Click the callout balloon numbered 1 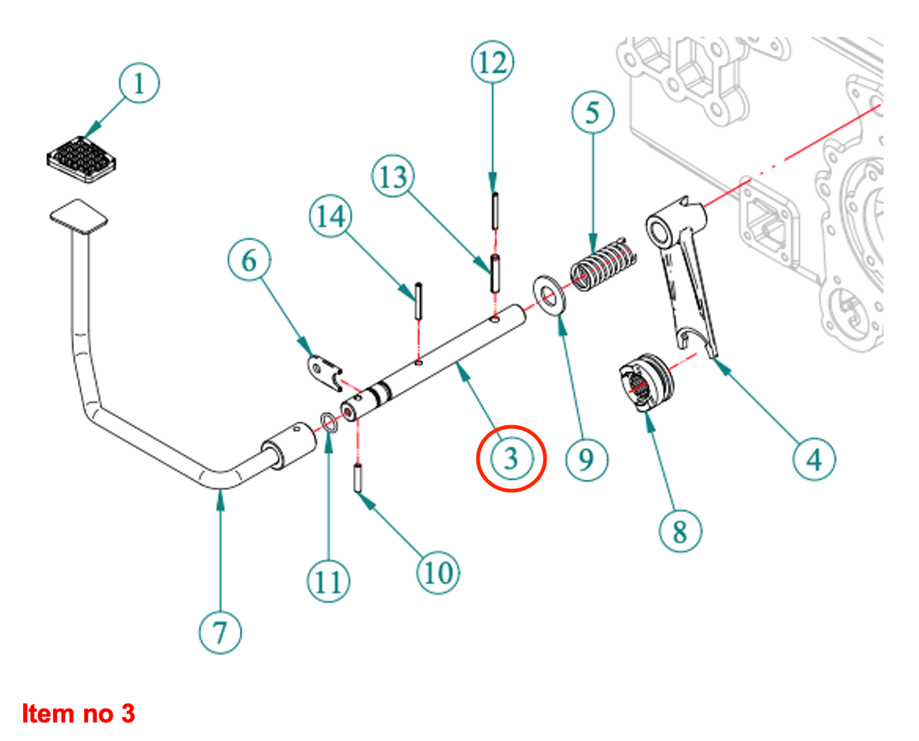139,84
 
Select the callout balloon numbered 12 493,62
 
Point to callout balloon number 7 220,634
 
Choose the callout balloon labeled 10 437,572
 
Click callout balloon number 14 331,216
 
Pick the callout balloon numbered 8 680,531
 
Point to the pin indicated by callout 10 359,478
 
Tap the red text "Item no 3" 79,714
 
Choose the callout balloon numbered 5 592,113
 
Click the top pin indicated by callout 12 493,210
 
